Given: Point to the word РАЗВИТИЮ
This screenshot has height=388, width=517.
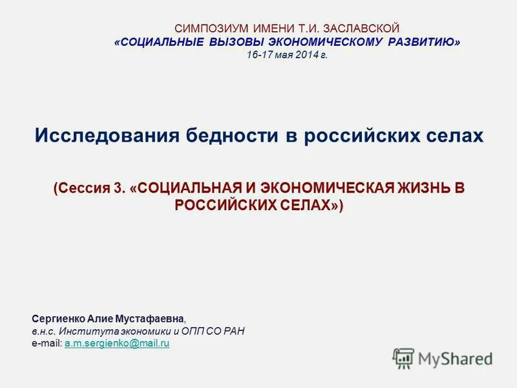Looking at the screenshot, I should click(x=425, y=42).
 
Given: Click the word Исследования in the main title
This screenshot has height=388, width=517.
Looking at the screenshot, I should click(x=106, y=136).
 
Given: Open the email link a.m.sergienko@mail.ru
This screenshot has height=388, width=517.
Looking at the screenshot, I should click(x=117, y=343).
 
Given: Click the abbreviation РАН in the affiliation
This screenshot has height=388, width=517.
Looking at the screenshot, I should click(x=233, y=331).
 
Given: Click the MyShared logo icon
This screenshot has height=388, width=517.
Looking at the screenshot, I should click(x=403, y=358).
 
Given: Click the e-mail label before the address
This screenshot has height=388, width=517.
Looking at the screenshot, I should click(x=46, y=343).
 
